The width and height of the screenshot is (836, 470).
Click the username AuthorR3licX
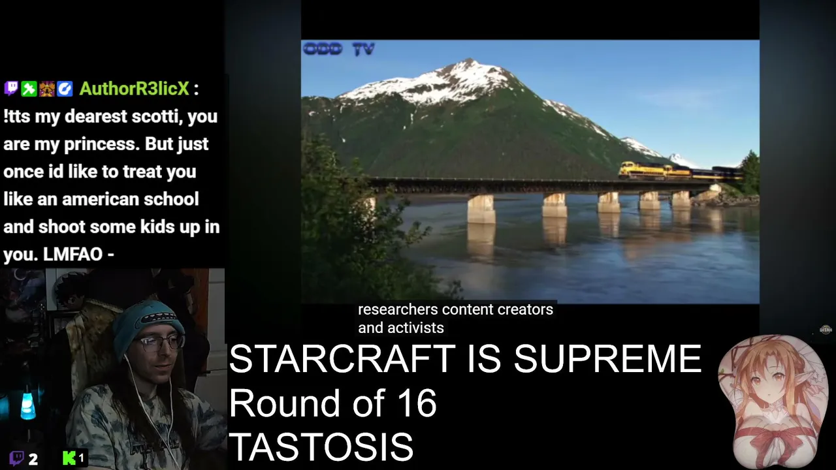coord(135,89)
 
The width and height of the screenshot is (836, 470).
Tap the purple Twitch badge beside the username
coord(11,89)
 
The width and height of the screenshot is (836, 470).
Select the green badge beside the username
coord(29,89)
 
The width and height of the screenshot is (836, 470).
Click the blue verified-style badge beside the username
coord(65,89)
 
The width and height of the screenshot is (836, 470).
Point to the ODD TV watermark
coord(338,49)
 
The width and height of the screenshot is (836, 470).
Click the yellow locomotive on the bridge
coord(642,170)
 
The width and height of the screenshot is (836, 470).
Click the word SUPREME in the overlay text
coord(607,359)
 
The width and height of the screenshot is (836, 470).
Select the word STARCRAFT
coord(342,359)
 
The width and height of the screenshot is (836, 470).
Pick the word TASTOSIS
coord(321,447)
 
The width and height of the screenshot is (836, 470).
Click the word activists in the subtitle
coord(415,328)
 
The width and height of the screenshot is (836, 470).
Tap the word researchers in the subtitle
coord(398,309)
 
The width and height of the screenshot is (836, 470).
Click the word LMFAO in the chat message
coord(72,255)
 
